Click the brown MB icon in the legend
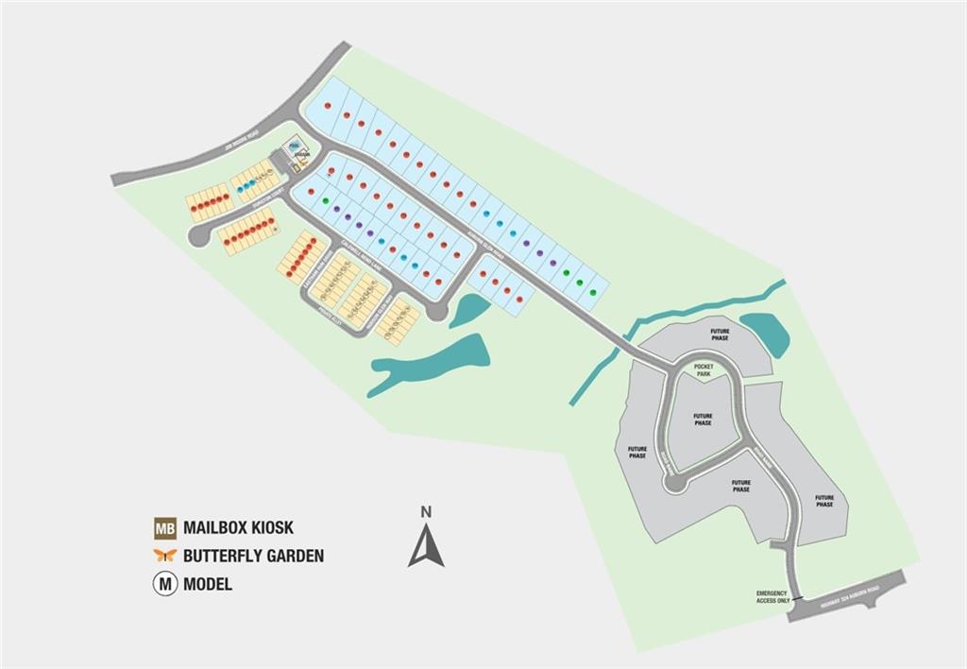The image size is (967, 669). coord(165,527)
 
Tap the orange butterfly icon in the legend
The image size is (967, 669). coord(165,556)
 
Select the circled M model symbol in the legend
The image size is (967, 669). coord(165,583)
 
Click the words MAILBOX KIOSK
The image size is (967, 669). coord(245,527)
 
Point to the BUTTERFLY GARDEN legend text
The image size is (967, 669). coord(253,556)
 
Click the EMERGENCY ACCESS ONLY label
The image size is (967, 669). coord(772,596)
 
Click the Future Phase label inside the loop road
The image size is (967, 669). coord(703,420)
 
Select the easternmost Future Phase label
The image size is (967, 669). coord(824,500)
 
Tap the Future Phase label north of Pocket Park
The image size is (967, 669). coord(721,335)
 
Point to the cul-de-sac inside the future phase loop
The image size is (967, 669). coord(673,484)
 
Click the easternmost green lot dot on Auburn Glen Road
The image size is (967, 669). coord(592,292)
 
